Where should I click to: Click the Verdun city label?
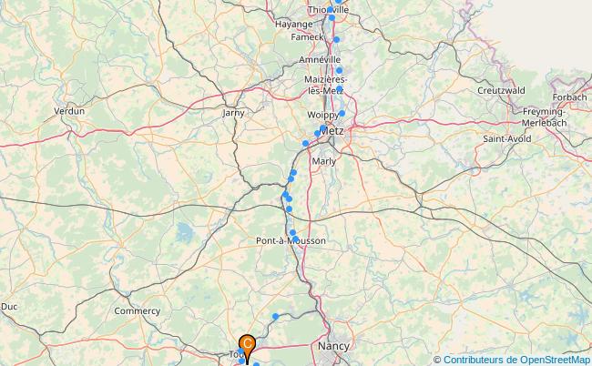pyautogui.click(x=69, y=110)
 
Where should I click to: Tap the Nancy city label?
pyautogui.click(x=335, y=346)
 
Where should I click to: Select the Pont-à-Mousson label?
pyautogui.click(x=292, y=240)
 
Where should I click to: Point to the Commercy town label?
pyautogui.click(x=137, y=310)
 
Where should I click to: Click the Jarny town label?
pyautogui.click(x=234, y=113)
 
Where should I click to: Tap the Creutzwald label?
pyautogui.click(x=501, y=90)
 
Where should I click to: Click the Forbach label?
pyautogui.click(x=570, y=97)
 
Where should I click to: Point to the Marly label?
pyautogui.click(x=324, y=161)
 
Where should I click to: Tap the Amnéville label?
pyautogui.click(x=319, y=59)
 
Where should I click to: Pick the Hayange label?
pyautogui.click(x=294, y=24)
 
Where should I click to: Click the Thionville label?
pyautogui.click(x=329, y=10)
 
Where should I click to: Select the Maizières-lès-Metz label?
pyautogui.click(x=325, y=86)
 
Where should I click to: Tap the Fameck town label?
pyautogui.click(x=307, y=37)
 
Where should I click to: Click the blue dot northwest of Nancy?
pyautogui.click(x=275, y=317)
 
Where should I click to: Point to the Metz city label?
pyautogui.click(x=332, y=130)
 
